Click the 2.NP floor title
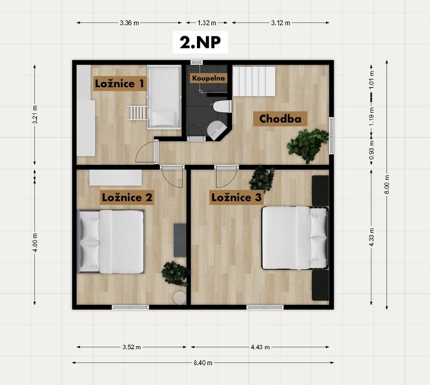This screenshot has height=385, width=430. (200, 42)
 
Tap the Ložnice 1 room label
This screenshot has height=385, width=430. (119, 83)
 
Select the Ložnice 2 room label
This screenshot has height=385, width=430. (127, 197)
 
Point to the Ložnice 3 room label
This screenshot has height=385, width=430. (236, 197)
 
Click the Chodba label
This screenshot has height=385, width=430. (280, 119)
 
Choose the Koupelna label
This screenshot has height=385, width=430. (208, 78)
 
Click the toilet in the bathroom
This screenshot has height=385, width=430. (222, 106)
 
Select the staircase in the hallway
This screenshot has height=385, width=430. (254, 82)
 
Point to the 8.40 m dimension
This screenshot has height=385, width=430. (203, 363)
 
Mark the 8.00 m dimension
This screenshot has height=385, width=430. (387, 185)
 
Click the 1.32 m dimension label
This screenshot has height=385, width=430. (207, 23)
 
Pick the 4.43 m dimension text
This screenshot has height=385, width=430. (260, 347)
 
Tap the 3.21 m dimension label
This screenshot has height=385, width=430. (35, 114)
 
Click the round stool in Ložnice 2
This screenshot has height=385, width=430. (180, 298)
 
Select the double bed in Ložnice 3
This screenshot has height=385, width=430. (295, 238)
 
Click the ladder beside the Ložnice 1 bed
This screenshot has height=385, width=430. (137, 113)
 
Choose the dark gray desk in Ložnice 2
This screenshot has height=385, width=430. (180, 240)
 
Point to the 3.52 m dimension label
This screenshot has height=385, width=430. (131, 347)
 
